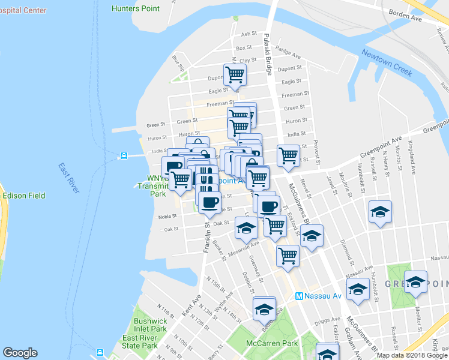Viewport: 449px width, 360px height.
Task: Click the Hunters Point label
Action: click(136, 8)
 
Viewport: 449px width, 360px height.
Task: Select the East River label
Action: click(69, 178)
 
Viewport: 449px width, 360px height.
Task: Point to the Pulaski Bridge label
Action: click(268, 55)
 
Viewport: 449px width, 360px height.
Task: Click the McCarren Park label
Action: click(272, 344)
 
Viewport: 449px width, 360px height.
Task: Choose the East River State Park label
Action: click(140, 341)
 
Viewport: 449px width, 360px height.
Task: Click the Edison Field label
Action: click(24, 196)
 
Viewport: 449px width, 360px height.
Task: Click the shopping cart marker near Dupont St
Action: click(234, 74)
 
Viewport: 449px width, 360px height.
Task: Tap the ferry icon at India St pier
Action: click(124, 155)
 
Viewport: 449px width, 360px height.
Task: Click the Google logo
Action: click(20, 353)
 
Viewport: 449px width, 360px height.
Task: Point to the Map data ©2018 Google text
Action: click(412, 355)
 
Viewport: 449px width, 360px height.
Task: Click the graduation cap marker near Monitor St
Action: click(415, 282)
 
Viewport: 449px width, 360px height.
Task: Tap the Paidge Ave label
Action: click(289, 55)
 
